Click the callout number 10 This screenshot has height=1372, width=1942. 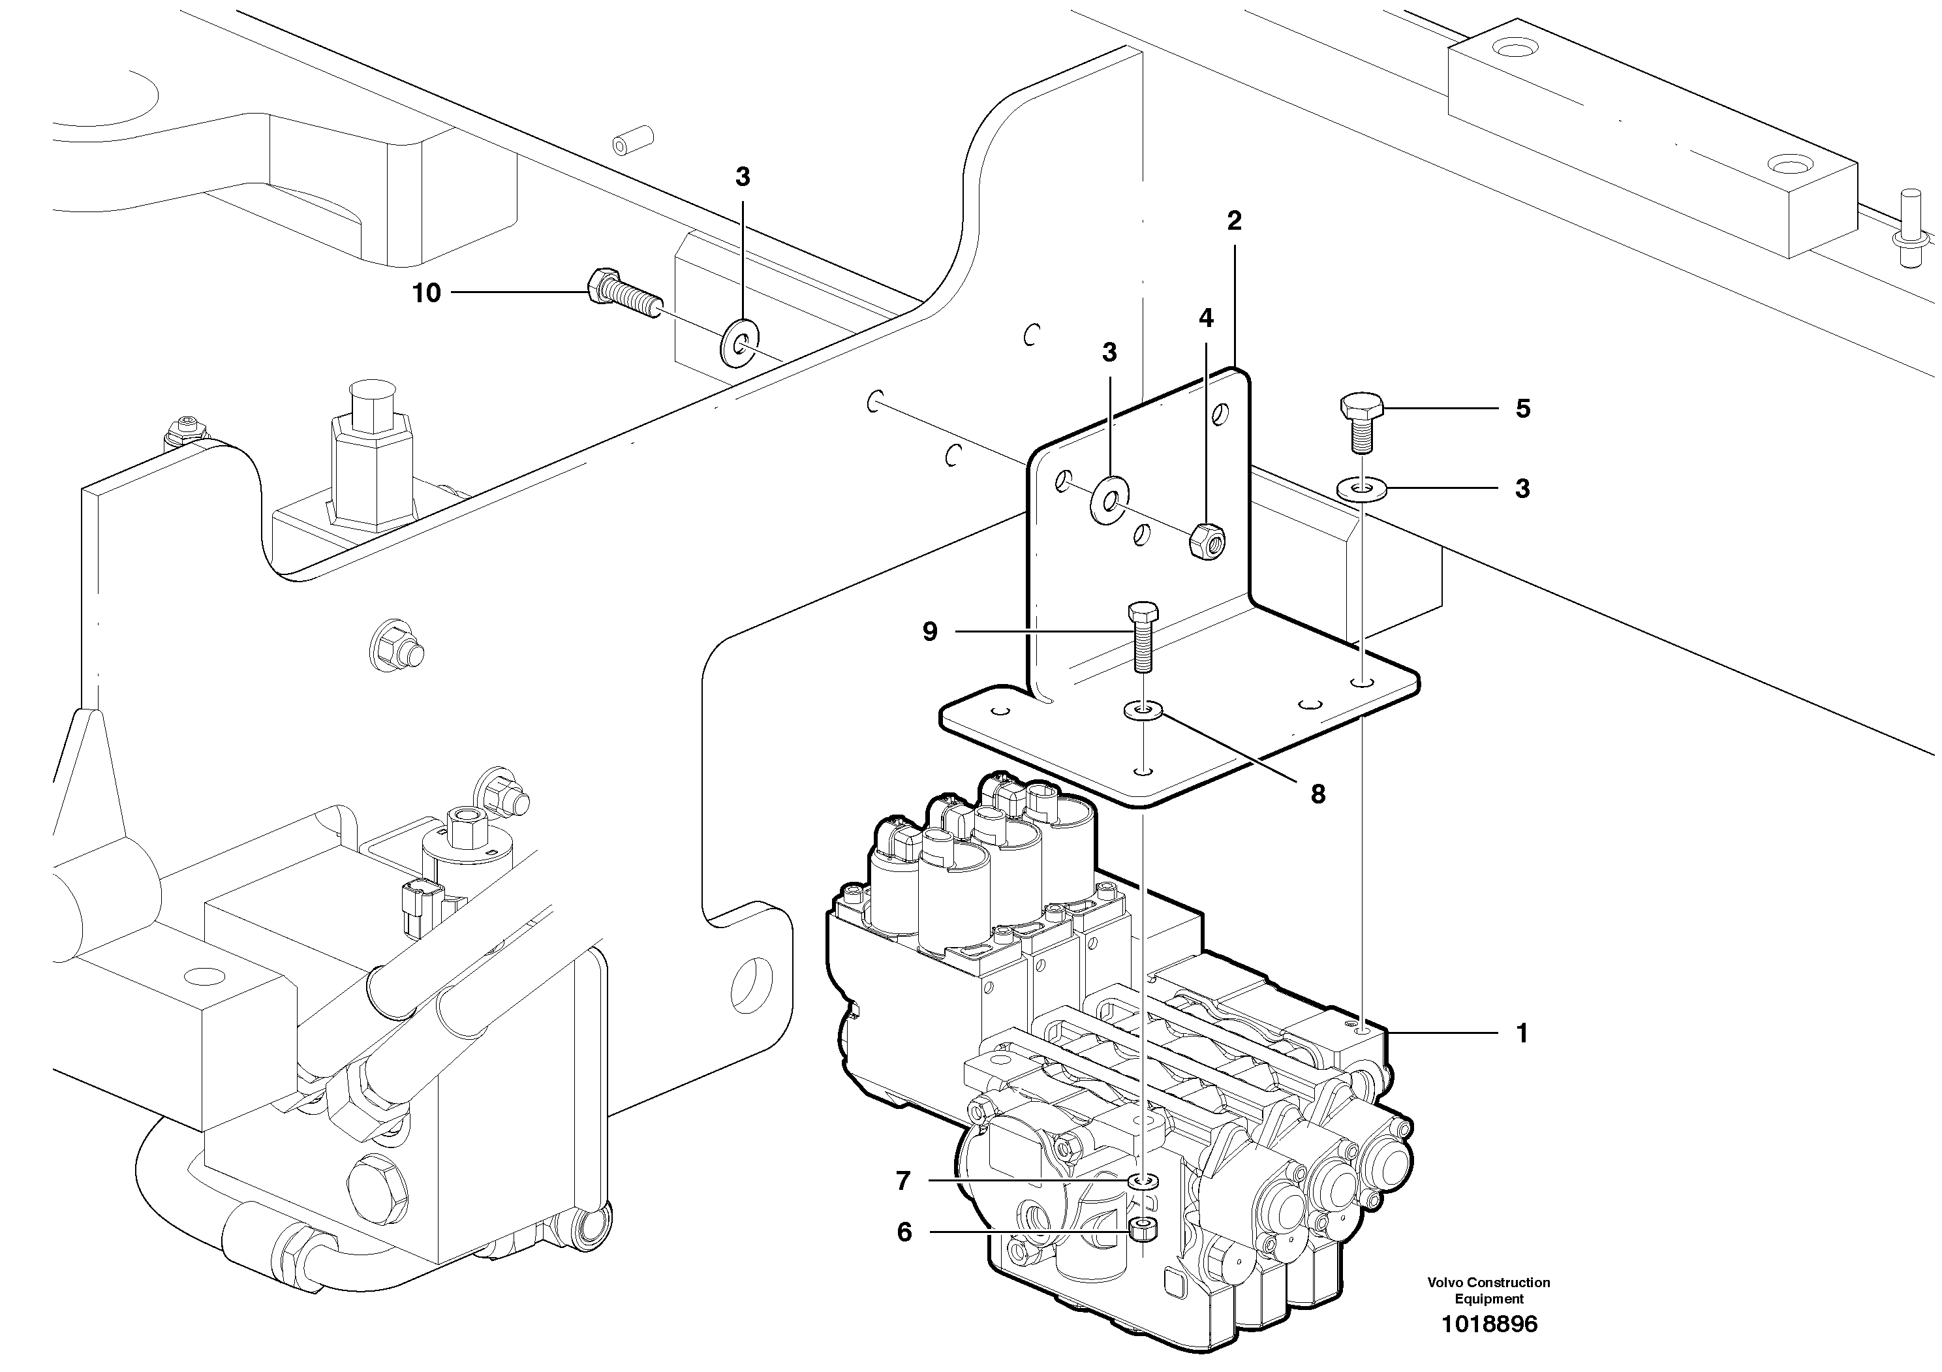click(x=426, y=294)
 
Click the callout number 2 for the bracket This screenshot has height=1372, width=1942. click(x=1234, y=222)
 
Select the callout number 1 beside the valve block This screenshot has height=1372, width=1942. click(x=1522, y=1034)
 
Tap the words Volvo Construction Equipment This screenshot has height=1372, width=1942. click(x=1488, y=1291)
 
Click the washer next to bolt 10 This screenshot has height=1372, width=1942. click(x=740, y=343)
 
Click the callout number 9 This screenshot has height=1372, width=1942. click(x=929, y=632)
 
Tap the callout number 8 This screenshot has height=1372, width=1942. click(x=1317, y=794)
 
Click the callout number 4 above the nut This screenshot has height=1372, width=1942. click(x=1206, y=319)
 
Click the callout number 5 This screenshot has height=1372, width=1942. click(x=1522, y=409)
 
